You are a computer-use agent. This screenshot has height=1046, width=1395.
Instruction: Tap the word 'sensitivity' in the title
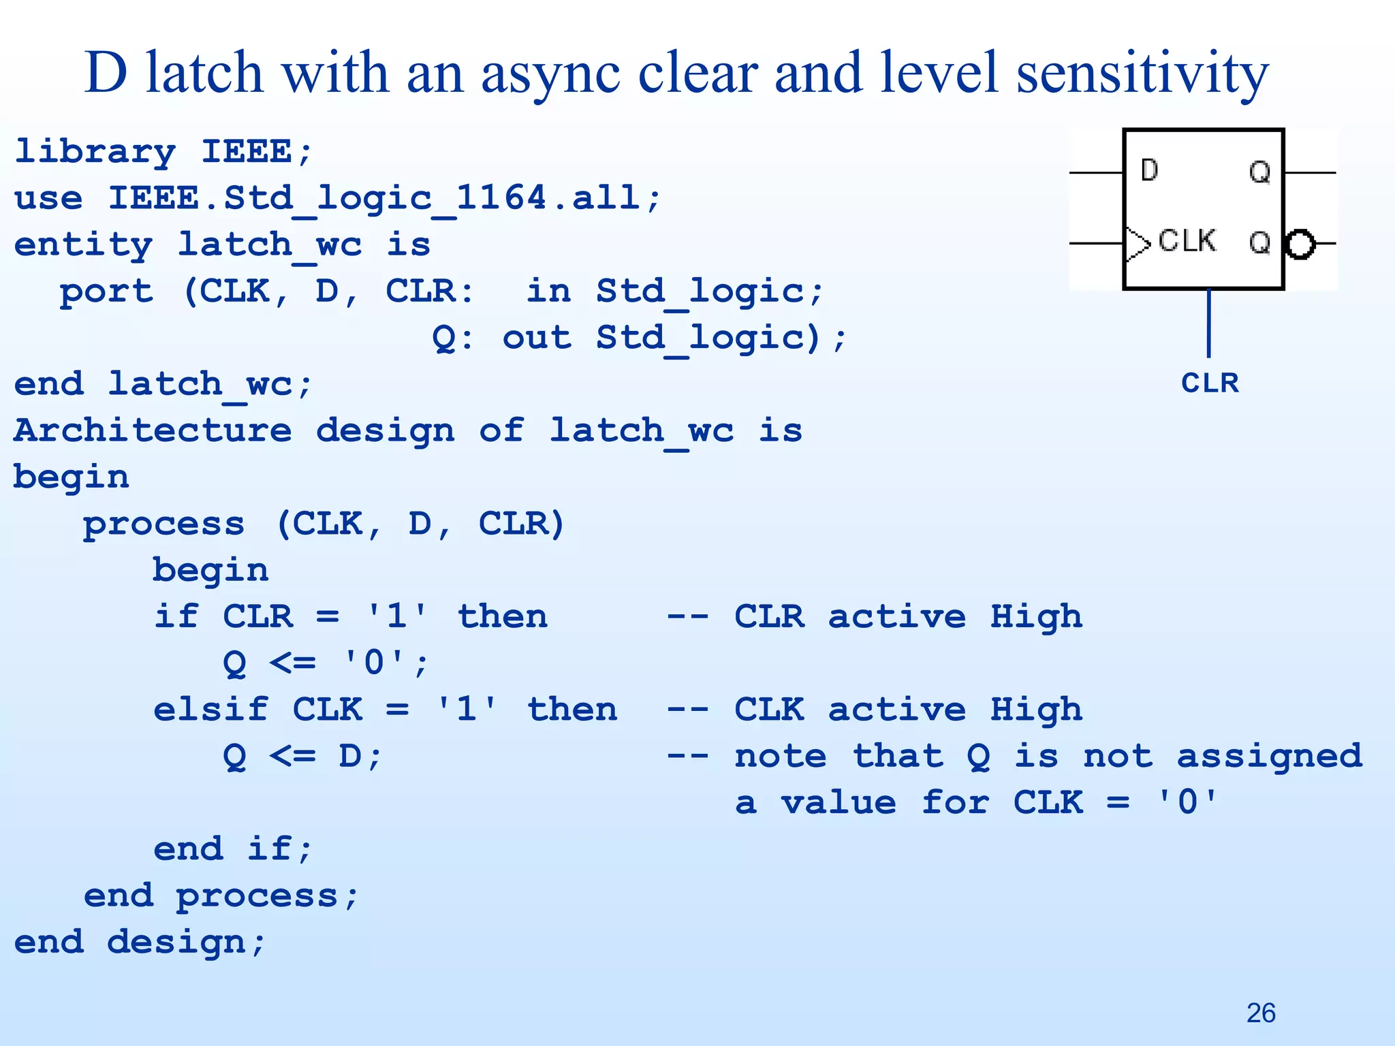coord(1142,74)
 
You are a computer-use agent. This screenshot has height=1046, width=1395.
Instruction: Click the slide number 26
coord(1261,1013)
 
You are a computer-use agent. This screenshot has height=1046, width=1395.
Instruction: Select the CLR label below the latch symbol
coord(1210,383)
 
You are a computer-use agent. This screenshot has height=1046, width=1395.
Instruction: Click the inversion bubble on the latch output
coord(1300,244)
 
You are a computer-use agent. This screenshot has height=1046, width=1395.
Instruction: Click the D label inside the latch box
coord(1149,170)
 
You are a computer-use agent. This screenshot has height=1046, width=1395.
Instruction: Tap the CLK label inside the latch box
coord(1187,241)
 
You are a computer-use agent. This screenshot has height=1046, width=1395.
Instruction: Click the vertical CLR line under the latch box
coord(1209,323)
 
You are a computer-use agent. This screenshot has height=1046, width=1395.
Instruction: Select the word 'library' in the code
coord(95,152)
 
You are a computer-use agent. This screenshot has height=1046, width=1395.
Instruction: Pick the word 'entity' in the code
coord(83,244)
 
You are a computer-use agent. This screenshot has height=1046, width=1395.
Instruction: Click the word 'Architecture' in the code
coord(153,430)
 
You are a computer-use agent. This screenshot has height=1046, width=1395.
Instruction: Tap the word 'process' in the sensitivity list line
coord(163,524)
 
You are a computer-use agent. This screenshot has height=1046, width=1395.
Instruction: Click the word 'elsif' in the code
coord(210,710)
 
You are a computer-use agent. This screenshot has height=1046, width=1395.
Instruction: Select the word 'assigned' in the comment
coord(1270,757)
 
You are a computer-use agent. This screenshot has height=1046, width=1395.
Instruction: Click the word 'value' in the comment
coord(838,803)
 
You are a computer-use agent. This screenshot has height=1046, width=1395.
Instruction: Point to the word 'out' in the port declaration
coord(537,338)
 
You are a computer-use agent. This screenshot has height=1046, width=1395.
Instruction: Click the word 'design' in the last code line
coord(176,942)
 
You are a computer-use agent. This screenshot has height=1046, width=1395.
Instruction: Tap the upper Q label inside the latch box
coord(1259,172)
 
